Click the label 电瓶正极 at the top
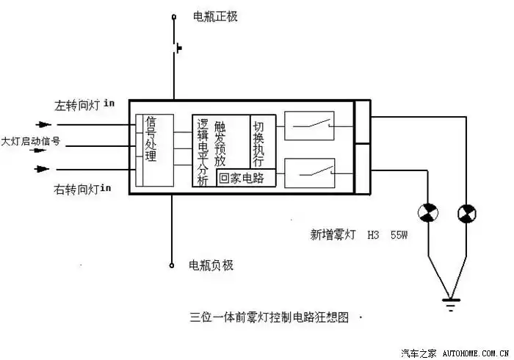coord(215,16)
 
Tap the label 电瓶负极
coord(211,265)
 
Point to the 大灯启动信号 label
coord(30,140)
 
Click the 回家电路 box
coord(246,178)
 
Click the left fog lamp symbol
coord(427,213)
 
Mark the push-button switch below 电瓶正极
coord(176,49)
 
